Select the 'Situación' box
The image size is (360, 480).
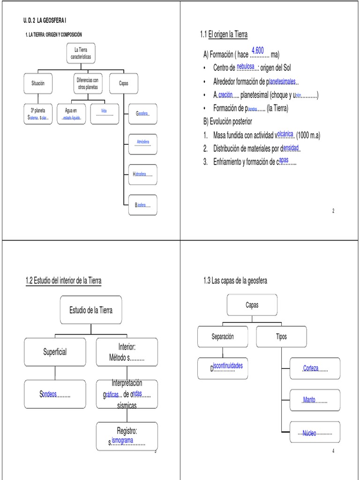pyautogui.click(x=37, y=83)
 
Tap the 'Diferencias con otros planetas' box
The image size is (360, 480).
pyautogui.click(x=87, y=83)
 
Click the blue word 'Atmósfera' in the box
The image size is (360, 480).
pyautogui.click(x=142, y=141)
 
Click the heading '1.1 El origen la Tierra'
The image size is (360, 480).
pyautogui.click(x=224, y=35)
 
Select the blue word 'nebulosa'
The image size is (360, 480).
pyautogui.click(x=246, y=66)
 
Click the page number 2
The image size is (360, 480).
pyautogui.click(x=333, y=211)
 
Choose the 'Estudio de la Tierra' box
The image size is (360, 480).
pyautogui.click(x=91, y=310)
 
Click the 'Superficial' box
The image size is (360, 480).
pyautogui.click(x=55, y=352)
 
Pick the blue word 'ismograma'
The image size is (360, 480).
pyautogui.click(x=122, y=440)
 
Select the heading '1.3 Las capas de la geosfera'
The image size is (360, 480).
pyautogui.click(x=235, y=281)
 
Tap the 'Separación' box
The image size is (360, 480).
pyautogui.click(x=222, y=337)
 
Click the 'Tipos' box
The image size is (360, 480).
pyautogui.click(x=282, y=337)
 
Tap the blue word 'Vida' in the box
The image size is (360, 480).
pyautogui.click(x=104, y=112)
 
